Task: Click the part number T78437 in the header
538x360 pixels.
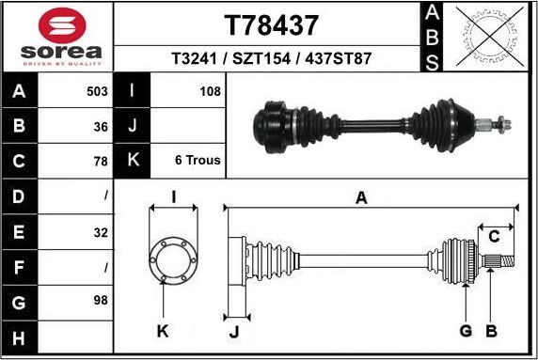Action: (x=271, y=23)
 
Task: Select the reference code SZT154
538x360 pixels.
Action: (x=271, y=58)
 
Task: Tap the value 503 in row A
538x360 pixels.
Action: (x=97, y=92)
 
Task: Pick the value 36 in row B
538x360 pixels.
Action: (x=101, y=126)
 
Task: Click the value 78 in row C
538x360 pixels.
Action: (x=101, y=161)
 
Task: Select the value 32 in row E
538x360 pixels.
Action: (x=101, y=232)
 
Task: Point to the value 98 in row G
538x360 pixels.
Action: (x=101, y=302)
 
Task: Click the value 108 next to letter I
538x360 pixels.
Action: (x=210, y=92)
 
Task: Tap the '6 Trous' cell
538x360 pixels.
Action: (x=198, y=161)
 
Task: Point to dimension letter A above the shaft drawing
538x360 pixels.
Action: (x=360, y=197)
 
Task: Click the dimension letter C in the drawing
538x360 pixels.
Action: (x=494, y=236)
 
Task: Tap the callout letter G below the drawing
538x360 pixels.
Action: (x=465, y=331)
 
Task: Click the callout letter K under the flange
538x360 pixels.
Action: (x=162, y=331)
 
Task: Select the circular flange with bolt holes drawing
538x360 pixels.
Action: (x=172, y=260)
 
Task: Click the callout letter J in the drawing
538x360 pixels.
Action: (x=231, y=331)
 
